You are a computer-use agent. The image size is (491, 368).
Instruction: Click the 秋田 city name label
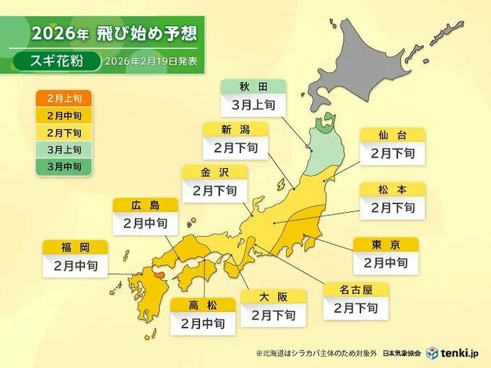pos(253,87)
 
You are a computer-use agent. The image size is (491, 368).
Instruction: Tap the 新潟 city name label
pos(235,130)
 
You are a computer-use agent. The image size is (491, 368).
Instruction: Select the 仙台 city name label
pos(392,135)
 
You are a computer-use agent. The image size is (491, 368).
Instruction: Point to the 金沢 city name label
pos(214,172)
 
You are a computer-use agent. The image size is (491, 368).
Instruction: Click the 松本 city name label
pos(392,190)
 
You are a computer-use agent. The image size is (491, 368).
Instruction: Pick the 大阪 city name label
pos(273,297)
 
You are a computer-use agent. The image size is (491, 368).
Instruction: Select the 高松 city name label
pos(203,305)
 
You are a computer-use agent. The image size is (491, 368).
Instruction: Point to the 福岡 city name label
pos(75,247)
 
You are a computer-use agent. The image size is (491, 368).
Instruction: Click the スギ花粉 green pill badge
pos(56,61)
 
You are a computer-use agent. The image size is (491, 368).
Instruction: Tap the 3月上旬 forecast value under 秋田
pos(253,105)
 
